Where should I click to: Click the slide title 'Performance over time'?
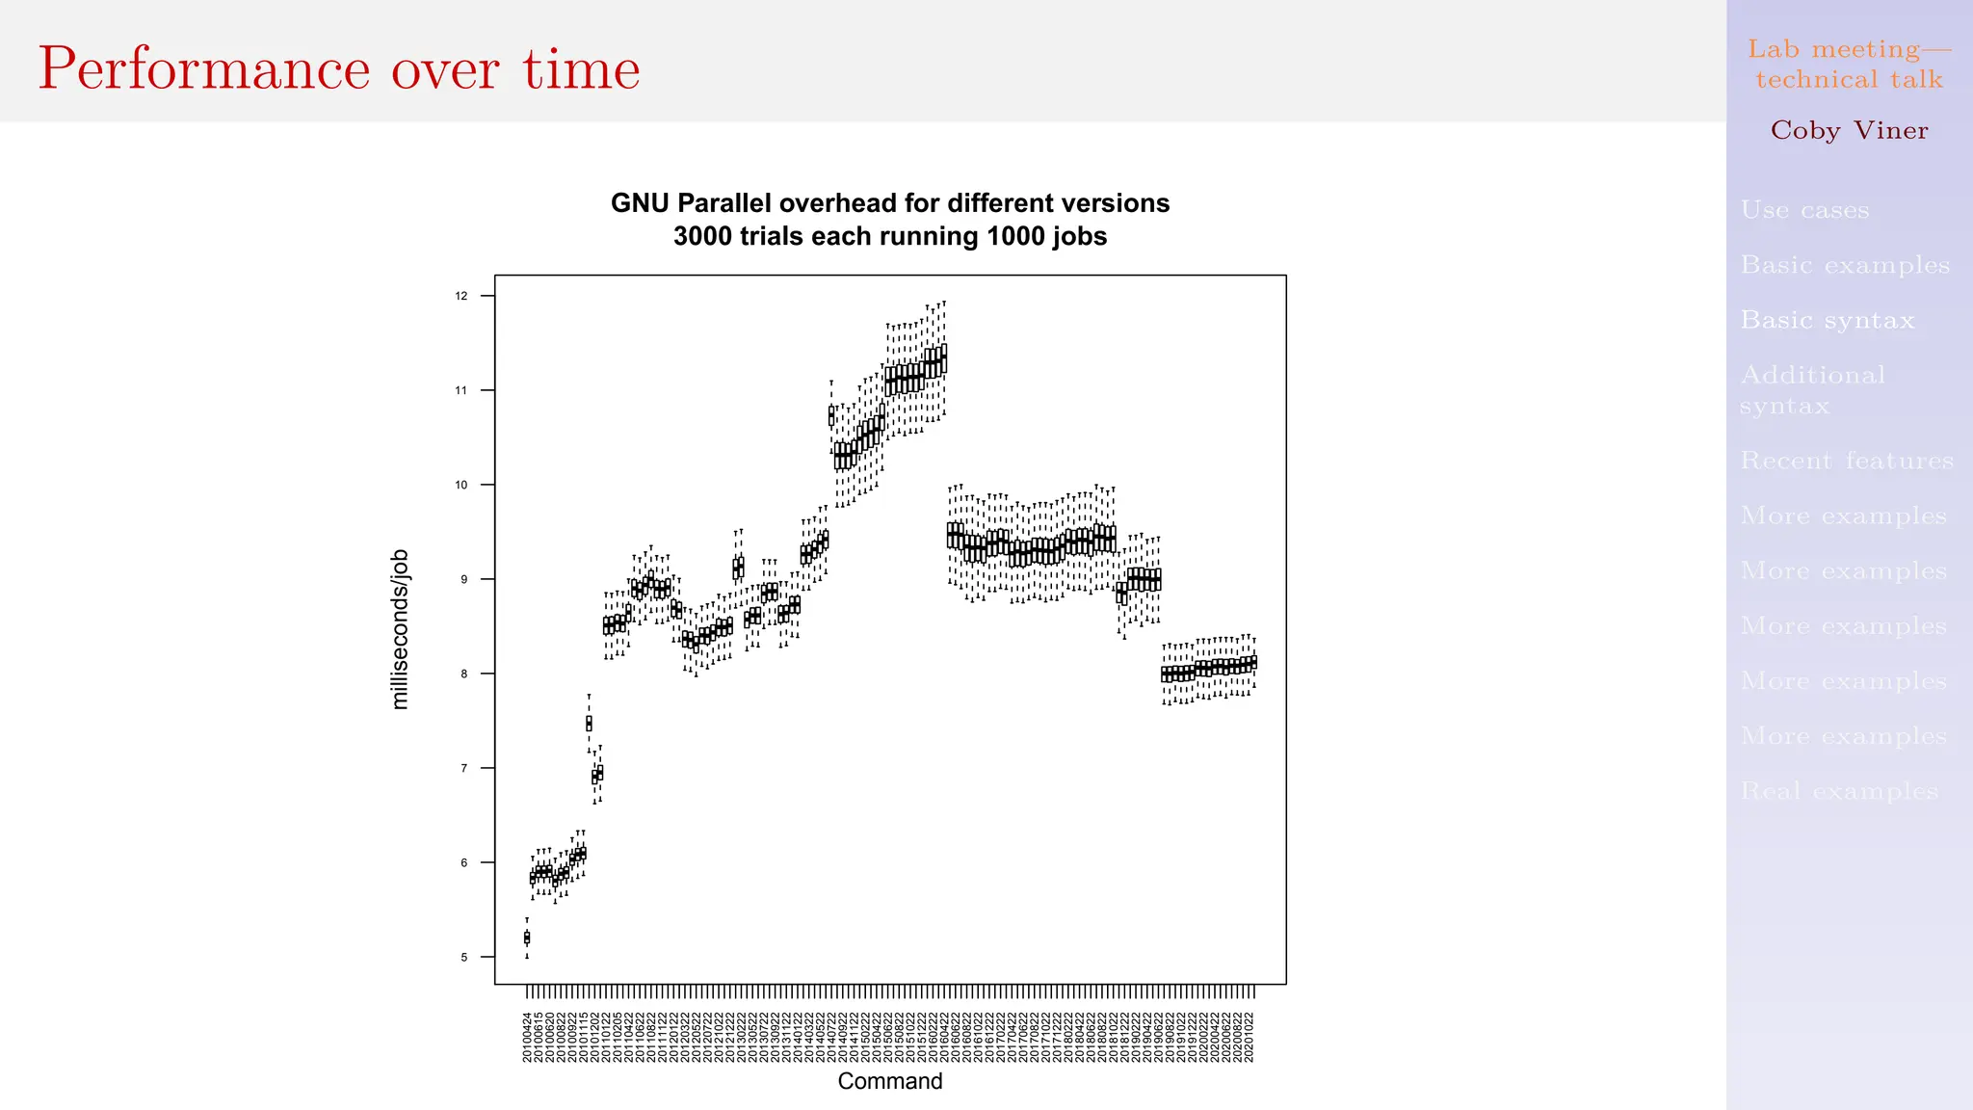pyautogui.click(x=338, y=69)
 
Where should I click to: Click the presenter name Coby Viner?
pyautogui.click(x=1849, y=130)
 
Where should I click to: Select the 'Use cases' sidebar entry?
pyautogui.click(x=1804, y=210)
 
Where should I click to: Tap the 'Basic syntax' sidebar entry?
pyautogui.click(x=1827, y=320)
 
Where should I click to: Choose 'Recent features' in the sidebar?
pyautogui.click(x=1847, y=461)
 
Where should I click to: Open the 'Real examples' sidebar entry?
pyautogui.click(x=1838, y=792)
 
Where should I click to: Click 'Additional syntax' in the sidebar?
pyautogui.click(x=1812, y=389)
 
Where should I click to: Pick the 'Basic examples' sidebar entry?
pyautogui.click(x=1844, y=265)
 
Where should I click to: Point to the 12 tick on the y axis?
pyautogui.click(x=461, y=296)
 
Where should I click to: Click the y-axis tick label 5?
pyautogui.click(x=463, y=957)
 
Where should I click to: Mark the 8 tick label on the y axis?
pyautogui.click(x=463, y=674)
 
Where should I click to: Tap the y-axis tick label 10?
pyautogui.click(x=461, y=485)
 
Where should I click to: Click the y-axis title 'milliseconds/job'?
pyautogui.click(x=401, y=629)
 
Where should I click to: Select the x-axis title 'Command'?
pyautogui.click(x=889, y=1081)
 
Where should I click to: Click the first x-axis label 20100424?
pyautogui.click(x=527, y=1037)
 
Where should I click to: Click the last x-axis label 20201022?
pyautogui.click(x=1250, y=1037)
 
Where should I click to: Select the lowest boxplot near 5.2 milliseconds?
pyautogui.click(x=527, y=938)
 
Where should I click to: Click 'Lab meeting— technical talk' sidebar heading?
pyautogui.click(x=1849, y=64)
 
